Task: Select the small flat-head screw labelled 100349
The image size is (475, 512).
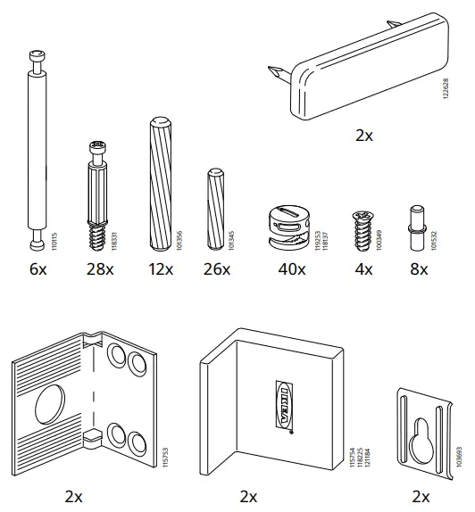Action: [x=362, y=230]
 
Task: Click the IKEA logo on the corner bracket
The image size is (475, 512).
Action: [x=279, y=405]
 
